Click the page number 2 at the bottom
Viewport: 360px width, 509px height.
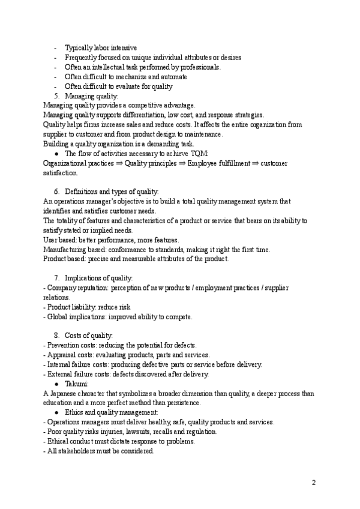(x=314, y=483)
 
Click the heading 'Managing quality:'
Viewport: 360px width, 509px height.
(x=92, y=96)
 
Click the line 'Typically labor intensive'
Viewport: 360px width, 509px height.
(x=101, y=48)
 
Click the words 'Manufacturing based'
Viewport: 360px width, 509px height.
(x=75, y=249)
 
